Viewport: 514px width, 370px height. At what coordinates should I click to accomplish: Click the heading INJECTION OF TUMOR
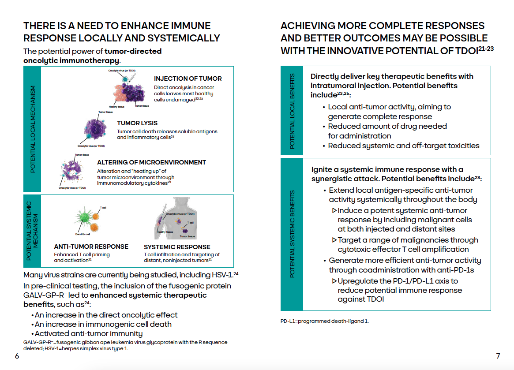(188, 78)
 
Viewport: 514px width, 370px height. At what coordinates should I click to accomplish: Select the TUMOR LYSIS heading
(137, 123)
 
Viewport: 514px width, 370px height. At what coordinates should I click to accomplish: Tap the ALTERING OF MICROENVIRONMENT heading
(151, 162)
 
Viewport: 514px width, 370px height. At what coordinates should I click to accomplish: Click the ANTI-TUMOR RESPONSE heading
(91, 247)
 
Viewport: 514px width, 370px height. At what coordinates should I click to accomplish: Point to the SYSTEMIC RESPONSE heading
(177, 247)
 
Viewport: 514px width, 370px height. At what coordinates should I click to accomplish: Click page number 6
(17, 356)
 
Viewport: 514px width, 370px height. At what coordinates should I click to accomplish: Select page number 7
(498, 356)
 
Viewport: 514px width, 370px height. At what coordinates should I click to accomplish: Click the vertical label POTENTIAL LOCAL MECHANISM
(33, 129)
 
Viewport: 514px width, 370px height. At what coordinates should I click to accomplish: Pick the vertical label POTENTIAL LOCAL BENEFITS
(292, 110)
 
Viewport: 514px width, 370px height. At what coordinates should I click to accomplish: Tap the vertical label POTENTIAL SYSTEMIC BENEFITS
(292, 234)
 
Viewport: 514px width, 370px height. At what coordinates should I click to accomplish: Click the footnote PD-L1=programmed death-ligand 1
(324, 321)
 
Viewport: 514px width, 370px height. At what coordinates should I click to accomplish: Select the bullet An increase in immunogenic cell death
(103, 324)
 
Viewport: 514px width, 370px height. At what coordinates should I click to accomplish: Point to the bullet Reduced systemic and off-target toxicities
(403, 146)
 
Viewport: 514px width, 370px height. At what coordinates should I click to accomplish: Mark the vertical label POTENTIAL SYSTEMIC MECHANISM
(33, 231)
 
